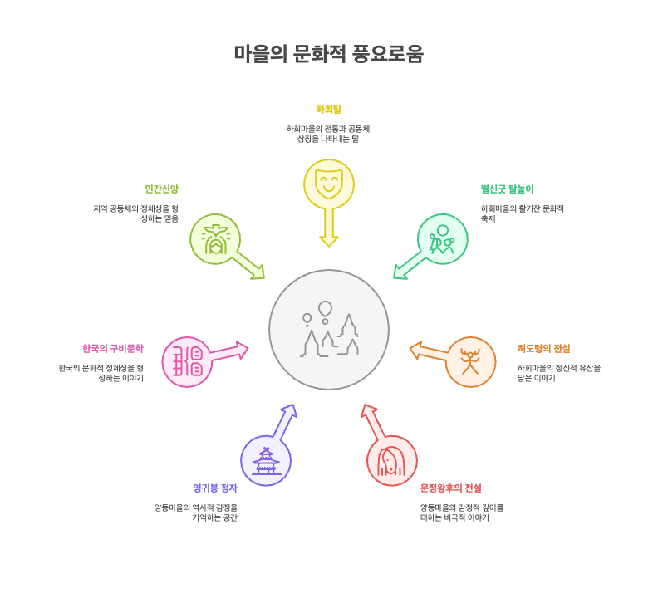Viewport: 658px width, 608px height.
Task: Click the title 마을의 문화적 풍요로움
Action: click(329, 54)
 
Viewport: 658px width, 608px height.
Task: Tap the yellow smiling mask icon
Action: click(329, 184)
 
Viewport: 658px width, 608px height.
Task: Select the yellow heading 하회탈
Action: click(329, 109)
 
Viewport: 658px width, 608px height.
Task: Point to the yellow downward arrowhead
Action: click(329, 240)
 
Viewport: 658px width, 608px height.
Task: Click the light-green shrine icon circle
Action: click(215, 239)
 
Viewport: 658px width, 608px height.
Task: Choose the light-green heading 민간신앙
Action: click(162, 189)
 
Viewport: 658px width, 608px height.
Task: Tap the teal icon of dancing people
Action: click(442, 239)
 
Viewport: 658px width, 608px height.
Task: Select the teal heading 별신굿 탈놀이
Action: click(507, 189)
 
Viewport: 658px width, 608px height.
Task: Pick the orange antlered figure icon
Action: click(470, 361)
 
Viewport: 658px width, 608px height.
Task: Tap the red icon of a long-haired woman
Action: click(391, 460)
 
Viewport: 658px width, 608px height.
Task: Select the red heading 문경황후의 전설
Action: click(450, 488)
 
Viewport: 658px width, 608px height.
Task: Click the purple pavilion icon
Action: click(266, 460)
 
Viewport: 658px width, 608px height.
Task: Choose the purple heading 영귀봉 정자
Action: click(215, 488)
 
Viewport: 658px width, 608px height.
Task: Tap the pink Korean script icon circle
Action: click(187, 361)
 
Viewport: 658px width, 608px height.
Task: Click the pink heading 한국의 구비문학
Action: click(112, 349)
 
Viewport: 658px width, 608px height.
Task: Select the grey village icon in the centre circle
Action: click(329, 330)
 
